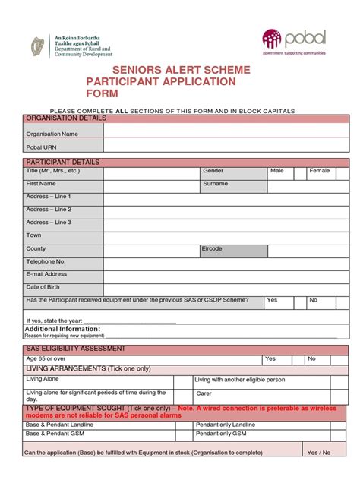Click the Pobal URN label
point(42,147)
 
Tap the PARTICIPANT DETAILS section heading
point(63,163)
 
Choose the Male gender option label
point(276,171)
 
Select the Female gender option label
point(319,171)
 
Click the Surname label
point(215,184)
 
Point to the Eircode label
point(212,249)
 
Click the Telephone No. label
point(46,261)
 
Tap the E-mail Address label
point(47,274)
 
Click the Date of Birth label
point(43,287)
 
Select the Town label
point(34,235)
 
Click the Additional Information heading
point(63,329)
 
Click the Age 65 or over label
point(46,358)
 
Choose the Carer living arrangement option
point(204,393)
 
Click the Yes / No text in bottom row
point(319,453)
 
